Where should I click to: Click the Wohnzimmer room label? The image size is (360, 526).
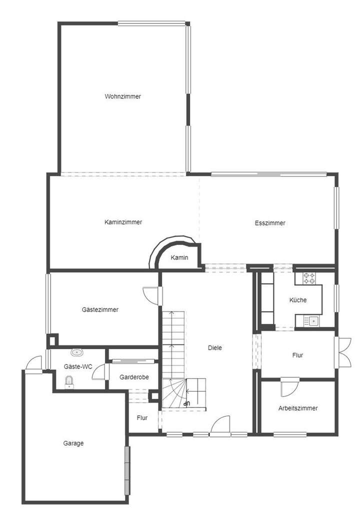pos(122,96)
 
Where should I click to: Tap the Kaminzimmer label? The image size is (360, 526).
pos(123,222)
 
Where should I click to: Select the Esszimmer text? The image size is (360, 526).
pos(270,223)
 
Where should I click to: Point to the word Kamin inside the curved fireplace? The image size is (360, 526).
pos(179,257)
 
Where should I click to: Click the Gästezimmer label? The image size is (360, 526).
pos(100,309)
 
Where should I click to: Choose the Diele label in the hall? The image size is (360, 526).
pos(216,347)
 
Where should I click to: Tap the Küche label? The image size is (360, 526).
pos(298,300)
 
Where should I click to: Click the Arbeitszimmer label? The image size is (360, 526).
pos(298,408)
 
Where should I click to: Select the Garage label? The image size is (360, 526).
pos(73,443)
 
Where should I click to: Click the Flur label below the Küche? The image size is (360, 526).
pos(298,355)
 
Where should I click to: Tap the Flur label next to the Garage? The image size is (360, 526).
pos(142,417)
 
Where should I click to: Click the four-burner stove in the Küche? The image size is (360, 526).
pos(308,277)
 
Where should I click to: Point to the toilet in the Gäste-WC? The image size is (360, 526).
pos(69,383)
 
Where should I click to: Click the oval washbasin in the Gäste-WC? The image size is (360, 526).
pos(77,353)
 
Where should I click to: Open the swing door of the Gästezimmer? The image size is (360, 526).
pos(151,294)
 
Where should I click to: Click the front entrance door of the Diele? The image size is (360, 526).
pos(220,426)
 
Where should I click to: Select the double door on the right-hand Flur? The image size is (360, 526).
pos(344,352)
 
